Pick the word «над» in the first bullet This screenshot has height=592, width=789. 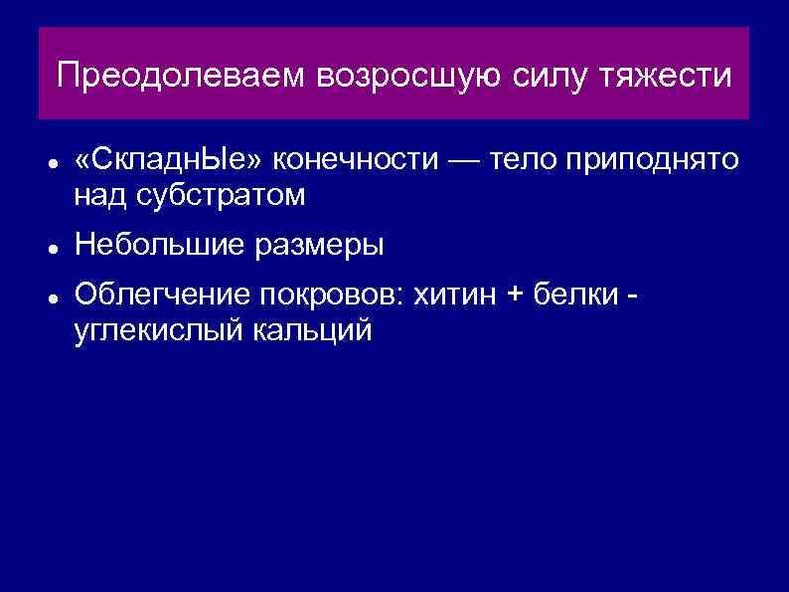(98, 197)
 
